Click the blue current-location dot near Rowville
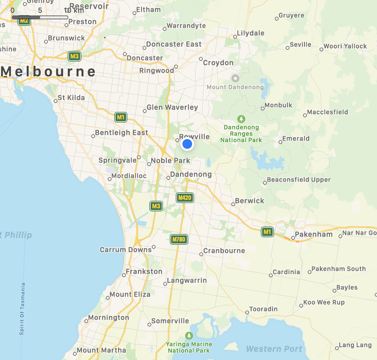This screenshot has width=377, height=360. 187,144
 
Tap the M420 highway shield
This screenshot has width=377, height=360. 185,198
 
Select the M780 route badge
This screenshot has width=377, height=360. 179,239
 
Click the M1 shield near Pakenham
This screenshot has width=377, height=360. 267,232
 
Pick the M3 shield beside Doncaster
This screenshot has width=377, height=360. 74,56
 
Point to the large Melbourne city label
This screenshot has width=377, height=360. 48,72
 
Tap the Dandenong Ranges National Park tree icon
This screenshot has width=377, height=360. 241,119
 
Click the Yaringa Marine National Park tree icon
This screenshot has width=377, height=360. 189,336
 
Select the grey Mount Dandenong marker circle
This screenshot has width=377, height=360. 235,78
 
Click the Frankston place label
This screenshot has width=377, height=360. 144,272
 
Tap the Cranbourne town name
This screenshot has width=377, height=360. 224,251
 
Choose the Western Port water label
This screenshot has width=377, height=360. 274,349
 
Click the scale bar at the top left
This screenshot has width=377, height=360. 40,17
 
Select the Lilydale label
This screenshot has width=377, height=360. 251,33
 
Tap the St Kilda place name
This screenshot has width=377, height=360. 71,98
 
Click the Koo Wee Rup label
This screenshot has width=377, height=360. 324,302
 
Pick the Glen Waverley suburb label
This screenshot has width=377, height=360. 172,108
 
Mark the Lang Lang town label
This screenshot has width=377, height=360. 355,345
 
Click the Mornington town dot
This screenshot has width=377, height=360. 86,321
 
